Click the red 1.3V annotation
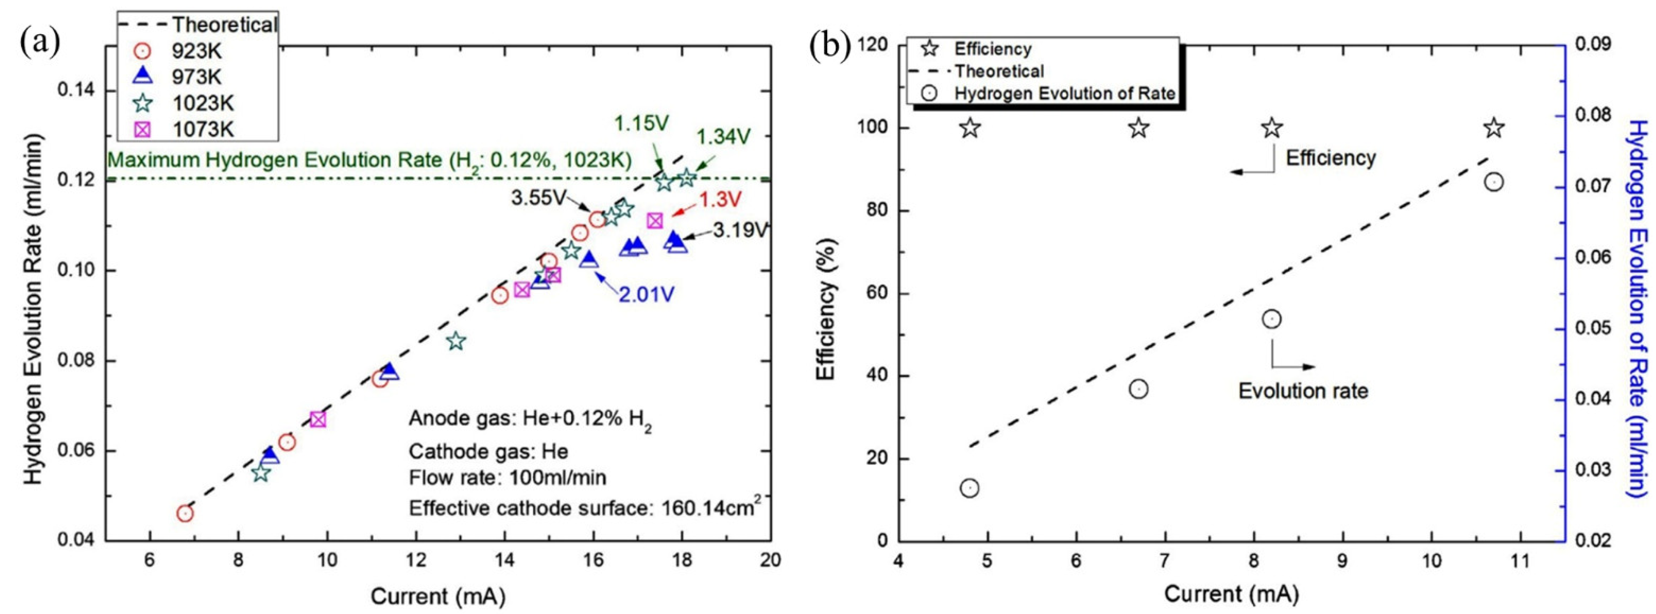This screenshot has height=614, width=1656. [720, 200]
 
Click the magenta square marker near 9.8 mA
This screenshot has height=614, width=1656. [318, 419]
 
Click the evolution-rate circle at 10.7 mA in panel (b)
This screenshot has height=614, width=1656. [1494, 182]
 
